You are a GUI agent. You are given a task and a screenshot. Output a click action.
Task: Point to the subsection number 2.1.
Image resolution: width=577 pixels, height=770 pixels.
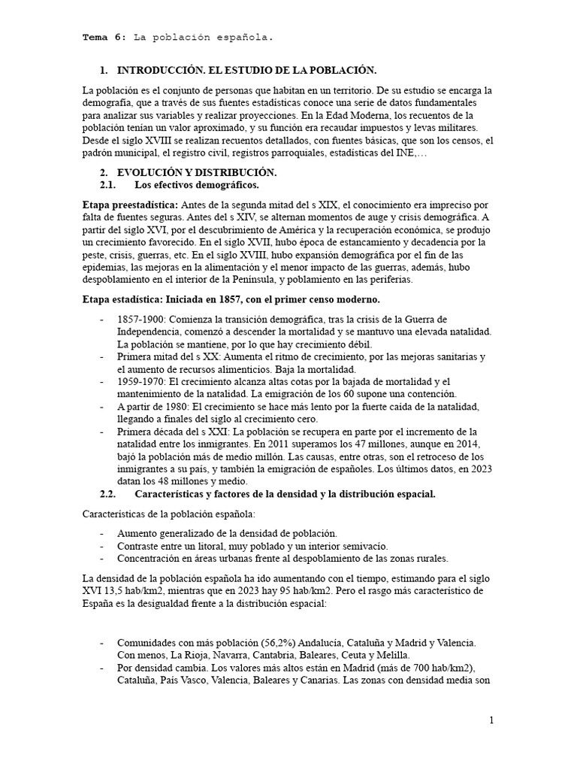(x=108, y=185)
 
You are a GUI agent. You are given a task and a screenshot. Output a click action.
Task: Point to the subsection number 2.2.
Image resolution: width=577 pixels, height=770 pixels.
(x=108, y=494)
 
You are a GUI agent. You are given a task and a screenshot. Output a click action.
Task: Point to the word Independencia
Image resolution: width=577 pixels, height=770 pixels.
(x=152, y=332)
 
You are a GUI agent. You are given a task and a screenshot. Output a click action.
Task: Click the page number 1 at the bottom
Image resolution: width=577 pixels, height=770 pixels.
(x=492, y=720)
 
